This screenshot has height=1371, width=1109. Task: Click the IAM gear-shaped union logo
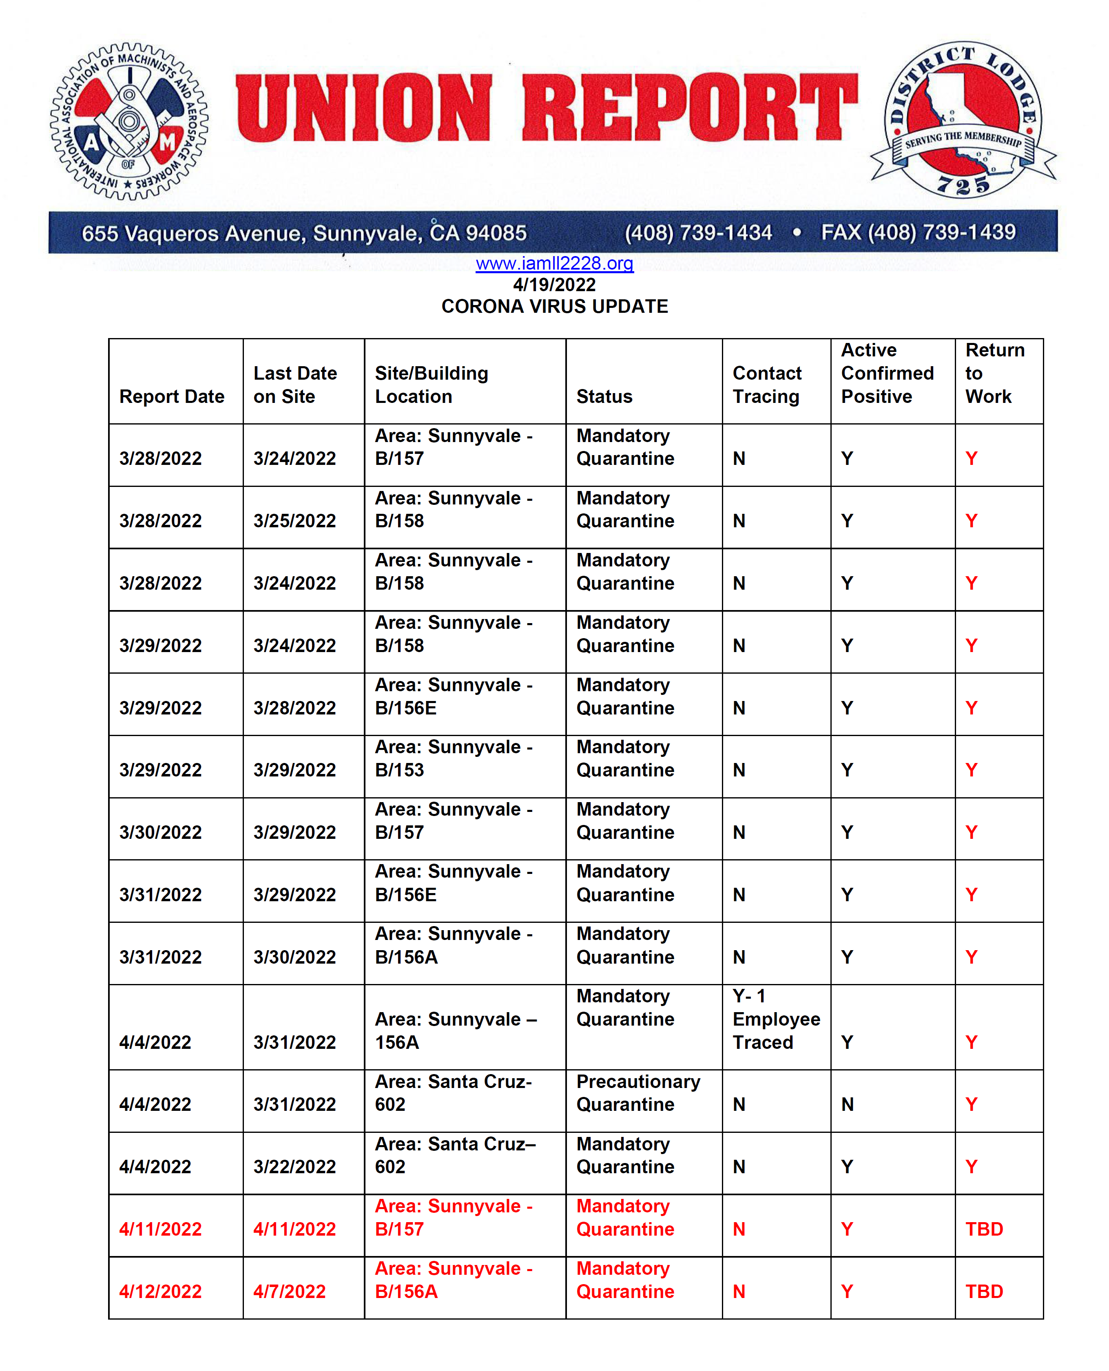coord(129,122)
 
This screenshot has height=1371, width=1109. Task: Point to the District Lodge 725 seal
coord(963,120)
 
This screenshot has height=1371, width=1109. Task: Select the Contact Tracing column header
coord(766,385)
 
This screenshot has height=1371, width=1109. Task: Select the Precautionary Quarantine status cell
coord(638,1092)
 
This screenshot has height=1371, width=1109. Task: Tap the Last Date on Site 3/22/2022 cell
coord(294,1167)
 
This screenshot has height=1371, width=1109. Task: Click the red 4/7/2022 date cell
coord(290,1291)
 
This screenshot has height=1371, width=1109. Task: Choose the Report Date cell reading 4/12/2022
coord(160,1291)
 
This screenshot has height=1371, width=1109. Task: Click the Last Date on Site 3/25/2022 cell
coord(294,520)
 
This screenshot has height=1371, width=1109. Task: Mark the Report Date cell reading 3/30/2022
coord(160,832)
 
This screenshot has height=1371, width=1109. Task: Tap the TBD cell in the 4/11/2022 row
coord(984,1229)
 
